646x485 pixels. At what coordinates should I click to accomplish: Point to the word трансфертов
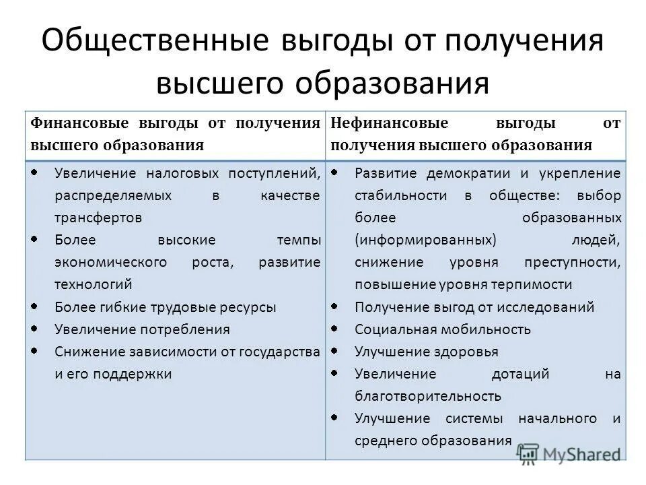98,218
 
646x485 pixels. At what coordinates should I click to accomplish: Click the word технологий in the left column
94,284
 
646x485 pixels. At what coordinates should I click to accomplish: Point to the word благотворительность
428,396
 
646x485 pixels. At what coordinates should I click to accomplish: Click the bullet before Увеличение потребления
34,329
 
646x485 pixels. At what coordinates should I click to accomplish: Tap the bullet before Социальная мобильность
334,329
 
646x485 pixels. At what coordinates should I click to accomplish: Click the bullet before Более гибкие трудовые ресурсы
34,306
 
